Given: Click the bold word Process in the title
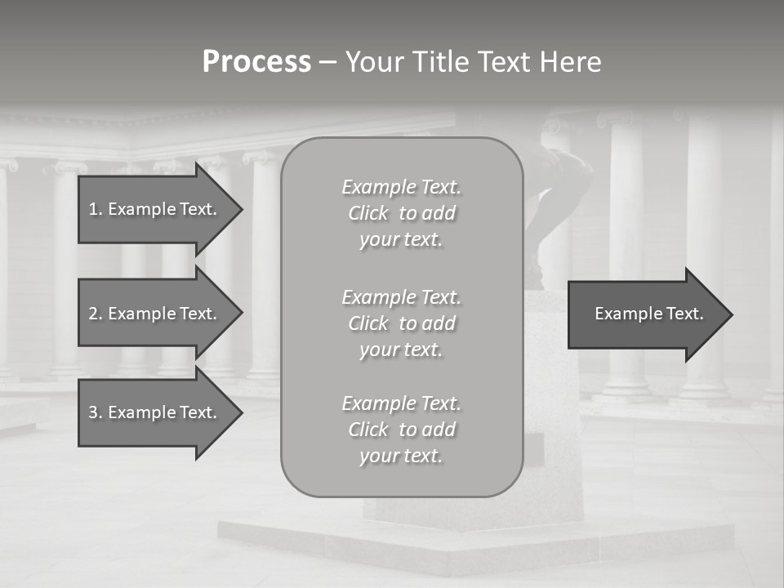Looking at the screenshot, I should point(256,62).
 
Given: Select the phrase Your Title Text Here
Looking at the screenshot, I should point(473,62).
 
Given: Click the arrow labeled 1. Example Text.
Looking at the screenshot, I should point(153,209).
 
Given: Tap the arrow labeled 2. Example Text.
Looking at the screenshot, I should point(153,314).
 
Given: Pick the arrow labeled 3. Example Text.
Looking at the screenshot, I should point(153,412).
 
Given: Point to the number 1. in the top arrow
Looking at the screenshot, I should point(96,209).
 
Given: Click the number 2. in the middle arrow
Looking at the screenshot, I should point(96,314).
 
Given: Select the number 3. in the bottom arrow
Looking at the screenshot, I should point(96,412).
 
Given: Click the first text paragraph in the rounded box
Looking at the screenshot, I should point(401,213).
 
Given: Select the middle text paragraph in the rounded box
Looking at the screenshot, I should point(401,323).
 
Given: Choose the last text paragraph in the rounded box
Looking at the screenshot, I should point(401,430).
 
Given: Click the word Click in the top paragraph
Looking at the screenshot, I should point(368,214).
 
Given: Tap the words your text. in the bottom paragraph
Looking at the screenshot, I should point(401,457).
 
